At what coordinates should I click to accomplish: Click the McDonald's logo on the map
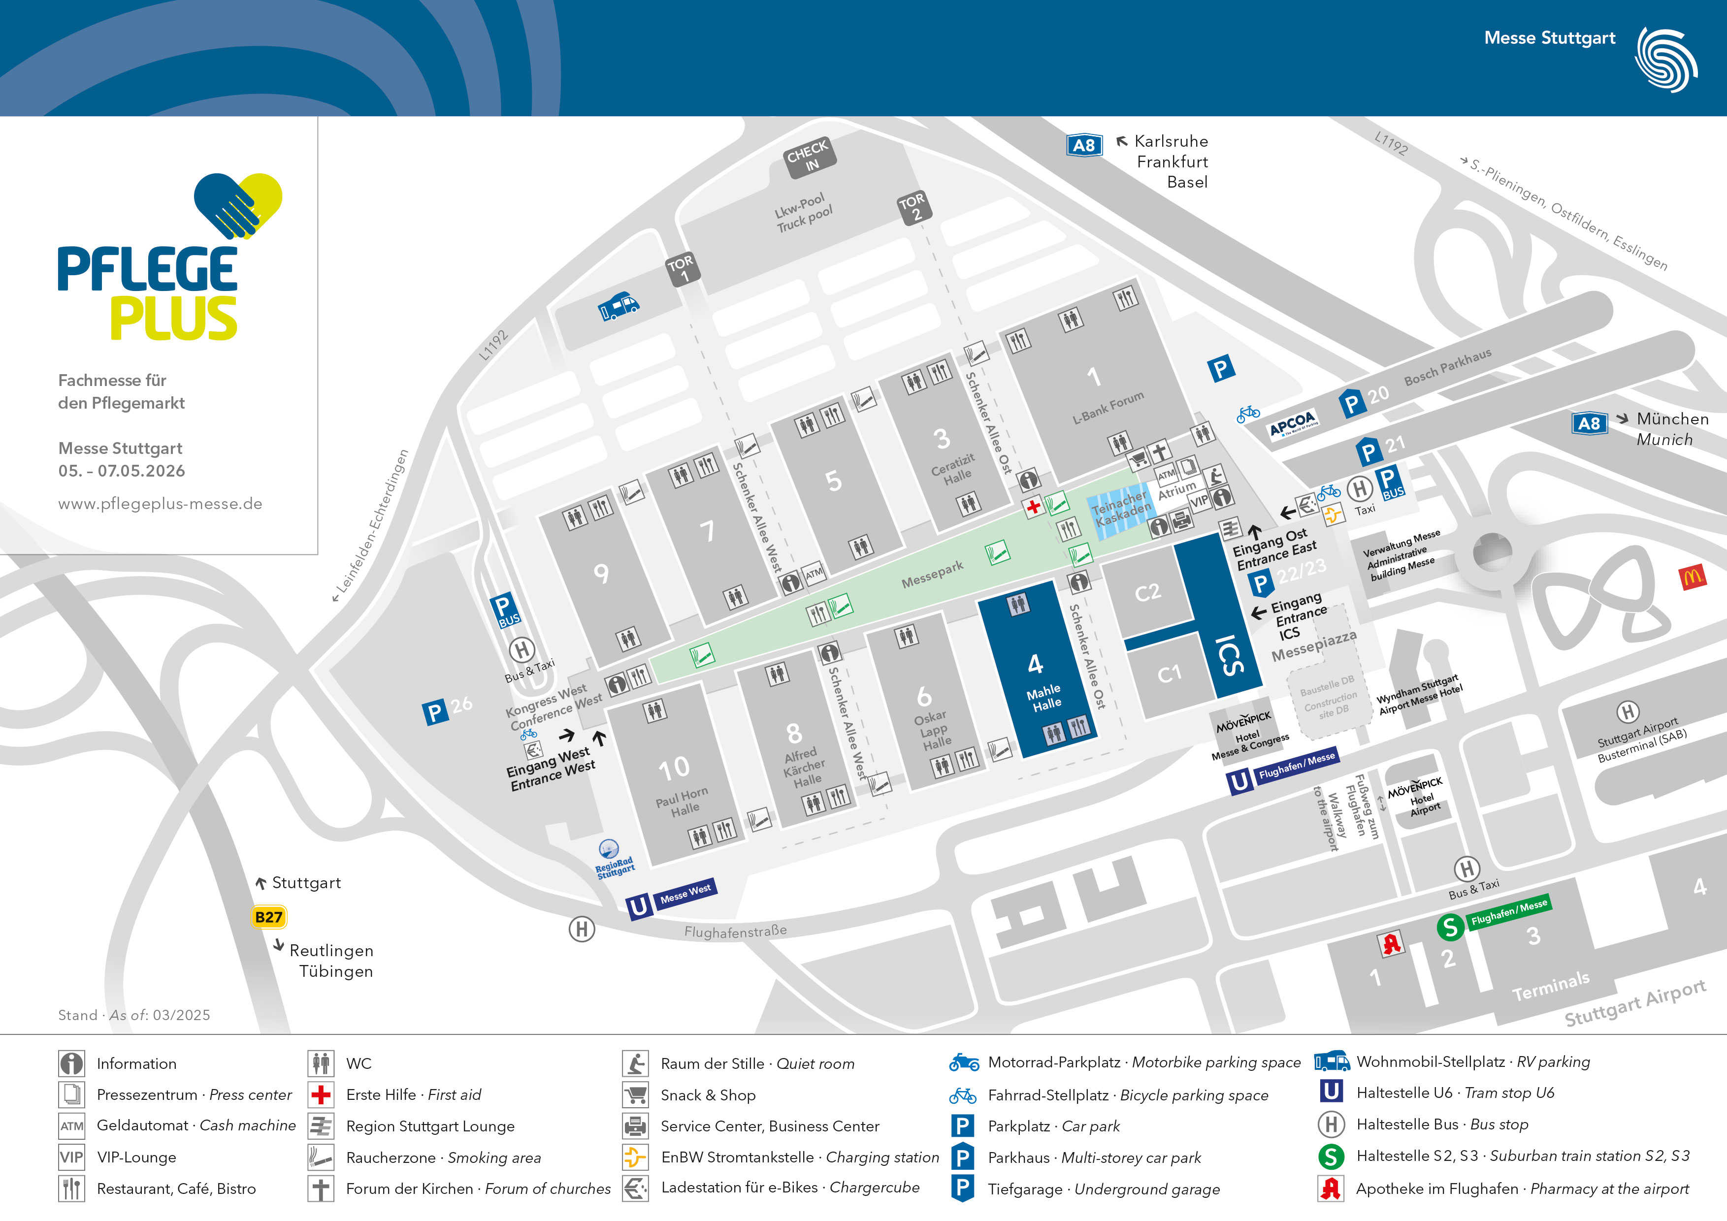pos(1693,578)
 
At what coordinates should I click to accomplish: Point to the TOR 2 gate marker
pos(914,207)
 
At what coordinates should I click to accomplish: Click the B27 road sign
pos(268,917)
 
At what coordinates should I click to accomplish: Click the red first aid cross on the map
pos(1034,507)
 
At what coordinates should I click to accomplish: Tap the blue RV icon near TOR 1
pos(619,306)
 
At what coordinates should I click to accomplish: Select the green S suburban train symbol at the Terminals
pos(1450,927)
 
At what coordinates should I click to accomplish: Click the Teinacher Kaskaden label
pos(1121,509)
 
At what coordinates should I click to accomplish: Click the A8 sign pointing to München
pos(1589,423)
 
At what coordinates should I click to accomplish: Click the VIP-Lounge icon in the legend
pos(71,1157)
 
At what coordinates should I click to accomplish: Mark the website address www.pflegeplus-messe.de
pos(160,504)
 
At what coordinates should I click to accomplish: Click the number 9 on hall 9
pos(601,574)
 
